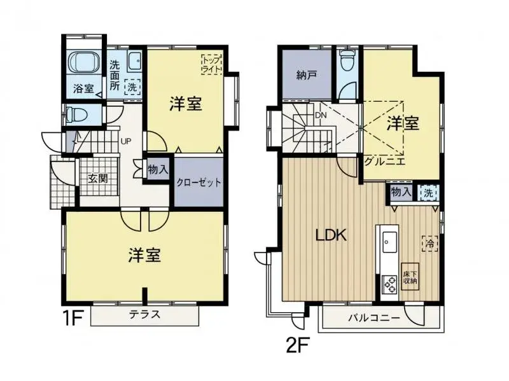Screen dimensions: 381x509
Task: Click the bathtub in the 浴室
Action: (x=85, y=64)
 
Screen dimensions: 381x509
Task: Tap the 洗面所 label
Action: (x=115, y=74)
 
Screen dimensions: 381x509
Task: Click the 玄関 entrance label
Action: (x=97, y=178)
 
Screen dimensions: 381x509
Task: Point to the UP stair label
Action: (x=126, y=141)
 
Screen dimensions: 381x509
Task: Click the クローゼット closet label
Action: (x=199, y=183)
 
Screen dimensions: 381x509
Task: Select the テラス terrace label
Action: (x=144, y=314)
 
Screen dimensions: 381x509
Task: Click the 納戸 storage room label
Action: (x=307, y=74)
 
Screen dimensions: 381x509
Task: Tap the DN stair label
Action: (x=320, y=116)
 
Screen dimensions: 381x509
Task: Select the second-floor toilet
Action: (x=347, y=62)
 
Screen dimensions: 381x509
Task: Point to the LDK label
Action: (x=331, y=235)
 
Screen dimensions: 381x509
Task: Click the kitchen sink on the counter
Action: (x=389, y=243)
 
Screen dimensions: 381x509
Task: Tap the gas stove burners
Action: (x=389, y=282)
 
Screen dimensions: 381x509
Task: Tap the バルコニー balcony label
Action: (x=373, y=317)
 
